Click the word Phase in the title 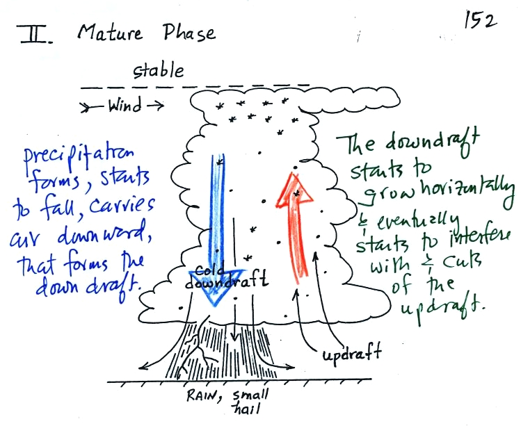coord(185,33)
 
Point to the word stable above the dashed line coord(159,70)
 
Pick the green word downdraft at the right coord(439,144)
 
